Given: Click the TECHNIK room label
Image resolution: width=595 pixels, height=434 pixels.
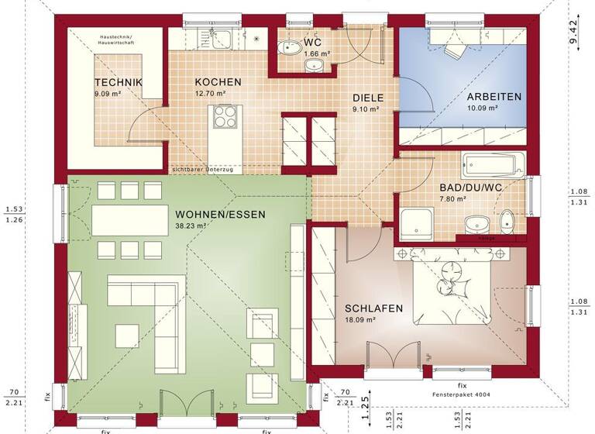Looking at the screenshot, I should [x=119, y=83].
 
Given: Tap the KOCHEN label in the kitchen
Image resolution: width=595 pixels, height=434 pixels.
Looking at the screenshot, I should [x=218, y=82].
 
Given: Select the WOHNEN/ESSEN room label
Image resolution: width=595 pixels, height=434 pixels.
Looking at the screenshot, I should [x=220, y=215].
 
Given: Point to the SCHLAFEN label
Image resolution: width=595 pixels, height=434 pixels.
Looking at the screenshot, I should [x=373, y=308].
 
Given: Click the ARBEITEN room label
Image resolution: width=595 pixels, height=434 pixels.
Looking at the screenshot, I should [x=494, y=97].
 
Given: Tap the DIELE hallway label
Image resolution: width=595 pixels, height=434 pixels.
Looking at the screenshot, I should [x=367, y=98].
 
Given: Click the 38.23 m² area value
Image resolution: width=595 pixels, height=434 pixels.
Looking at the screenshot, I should [x=191, y=226].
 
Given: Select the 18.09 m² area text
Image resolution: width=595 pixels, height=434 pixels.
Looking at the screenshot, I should [x=360, y=319].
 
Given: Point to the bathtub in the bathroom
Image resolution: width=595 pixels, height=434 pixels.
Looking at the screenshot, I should [x=494, y=164].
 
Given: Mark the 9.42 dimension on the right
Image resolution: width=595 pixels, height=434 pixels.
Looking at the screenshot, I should [x=574, y=32].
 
